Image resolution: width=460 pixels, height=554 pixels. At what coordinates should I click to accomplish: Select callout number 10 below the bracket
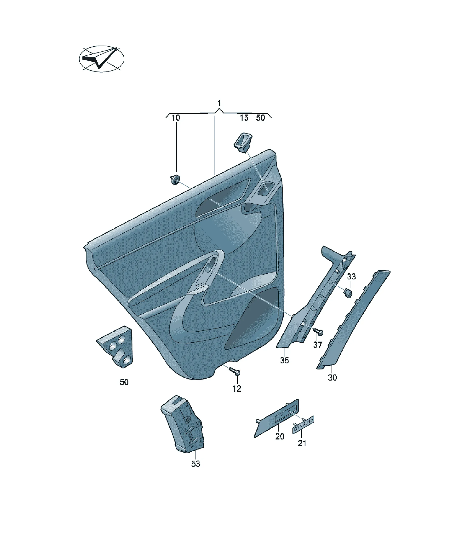tap(176, 118)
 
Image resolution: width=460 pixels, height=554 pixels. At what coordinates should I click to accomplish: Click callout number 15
tap(244, 118)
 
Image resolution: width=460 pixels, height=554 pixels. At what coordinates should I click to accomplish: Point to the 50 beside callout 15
tap(260, 118)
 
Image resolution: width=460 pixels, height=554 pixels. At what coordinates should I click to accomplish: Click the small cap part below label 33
tap(348, 293)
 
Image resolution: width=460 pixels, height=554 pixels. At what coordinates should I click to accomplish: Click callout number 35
tap(284, 360)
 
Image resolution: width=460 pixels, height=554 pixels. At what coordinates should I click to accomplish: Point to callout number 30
tap(332, 377)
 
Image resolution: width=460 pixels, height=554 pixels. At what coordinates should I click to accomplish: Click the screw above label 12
tap(234, 371)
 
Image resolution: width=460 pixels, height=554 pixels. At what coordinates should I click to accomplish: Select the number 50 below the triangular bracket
tap(124, 382)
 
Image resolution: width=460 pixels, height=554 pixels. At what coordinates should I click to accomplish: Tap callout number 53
tap(196, 471)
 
